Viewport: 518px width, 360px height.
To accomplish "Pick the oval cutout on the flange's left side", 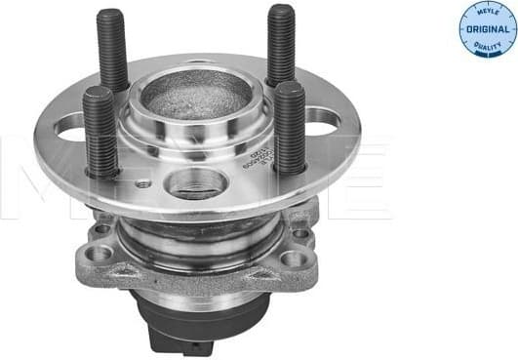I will pyautogui.click(x=70, y=125).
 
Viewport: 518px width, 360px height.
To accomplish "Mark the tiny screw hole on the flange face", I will pyautogui.click(x=145, y=182).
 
